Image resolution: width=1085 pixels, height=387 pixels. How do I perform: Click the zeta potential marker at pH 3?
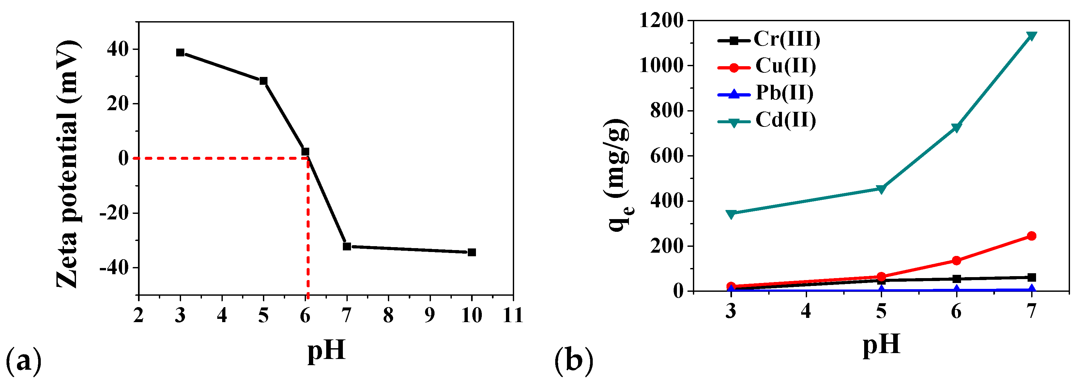pos(180,52)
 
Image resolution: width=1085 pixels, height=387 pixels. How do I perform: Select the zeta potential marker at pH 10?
pos(472,252)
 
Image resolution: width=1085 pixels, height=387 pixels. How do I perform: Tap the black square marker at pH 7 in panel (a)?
pos(347,246)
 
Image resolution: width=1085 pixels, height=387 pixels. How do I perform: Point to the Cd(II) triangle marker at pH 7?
pos(1032,36)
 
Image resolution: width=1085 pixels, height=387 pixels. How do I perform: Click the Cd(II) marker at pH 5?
pos(881,189)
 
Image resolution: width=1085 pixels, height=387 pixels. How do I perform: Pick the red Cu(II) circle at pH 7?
pos(1032,236)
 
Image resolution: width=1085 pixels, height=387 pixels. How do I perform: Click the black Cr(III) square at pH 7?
pos(1032,277)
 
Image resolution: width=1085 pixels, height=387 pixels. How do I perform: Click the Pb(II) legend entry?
pos(784,93)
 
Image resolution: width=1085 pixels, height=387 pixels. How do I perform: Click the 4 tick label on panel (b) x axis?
pos(806,311)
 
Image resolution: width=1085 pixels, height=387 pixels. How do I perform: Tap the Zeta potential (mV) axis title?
pos(68,164)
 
